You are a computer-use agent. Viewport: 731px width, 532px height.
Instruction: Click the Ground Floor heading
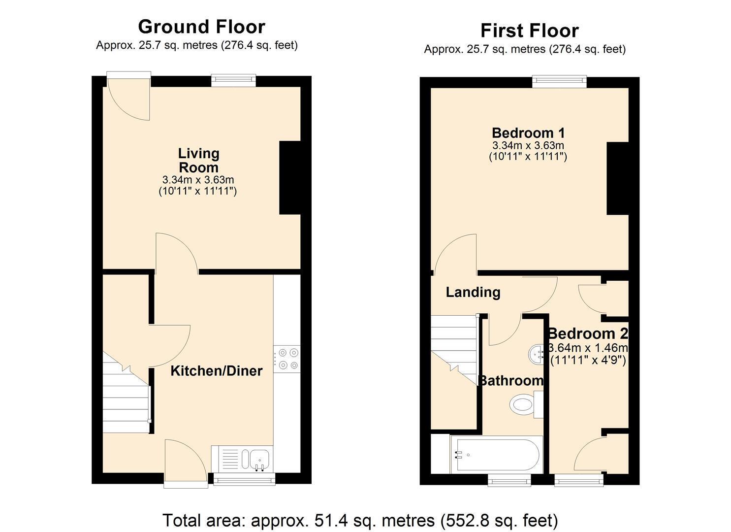click(201, 27)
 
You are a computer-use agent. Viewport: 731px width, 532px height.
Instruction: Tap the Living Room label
click(199, 161)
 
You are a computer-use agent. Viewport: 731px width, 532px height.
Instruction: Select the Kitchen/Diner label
click(217, 370)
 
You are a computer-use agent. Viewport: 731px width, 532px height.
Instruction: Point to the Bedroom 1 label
click(528, 133)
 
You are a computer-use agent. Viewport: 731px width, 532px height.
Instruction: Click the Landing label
click(473, 292)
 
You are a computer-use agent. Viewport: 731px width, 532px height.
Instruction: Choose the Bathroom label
click(511, 381)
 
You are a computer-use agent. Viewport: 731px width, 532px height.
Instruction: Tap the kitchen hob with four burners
click(287, 359)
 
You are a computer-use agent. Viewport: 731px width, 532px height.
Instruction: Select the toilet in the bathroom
click(526, 405)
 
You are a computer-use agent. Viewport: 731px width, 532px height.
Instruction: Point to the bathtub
click(496, 454)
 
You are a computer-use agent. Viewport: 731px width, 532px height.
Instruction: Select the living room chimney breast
click(290, 178)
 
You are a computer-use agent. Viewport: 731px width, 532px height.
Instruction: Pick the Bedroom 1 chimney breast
click(617, 178)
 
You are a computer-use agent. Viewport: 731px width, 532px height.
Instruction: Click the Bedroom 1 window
click(559, 82)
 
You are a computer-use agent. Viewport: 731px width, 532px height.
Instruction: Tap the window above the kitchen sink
click(244, 479)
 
